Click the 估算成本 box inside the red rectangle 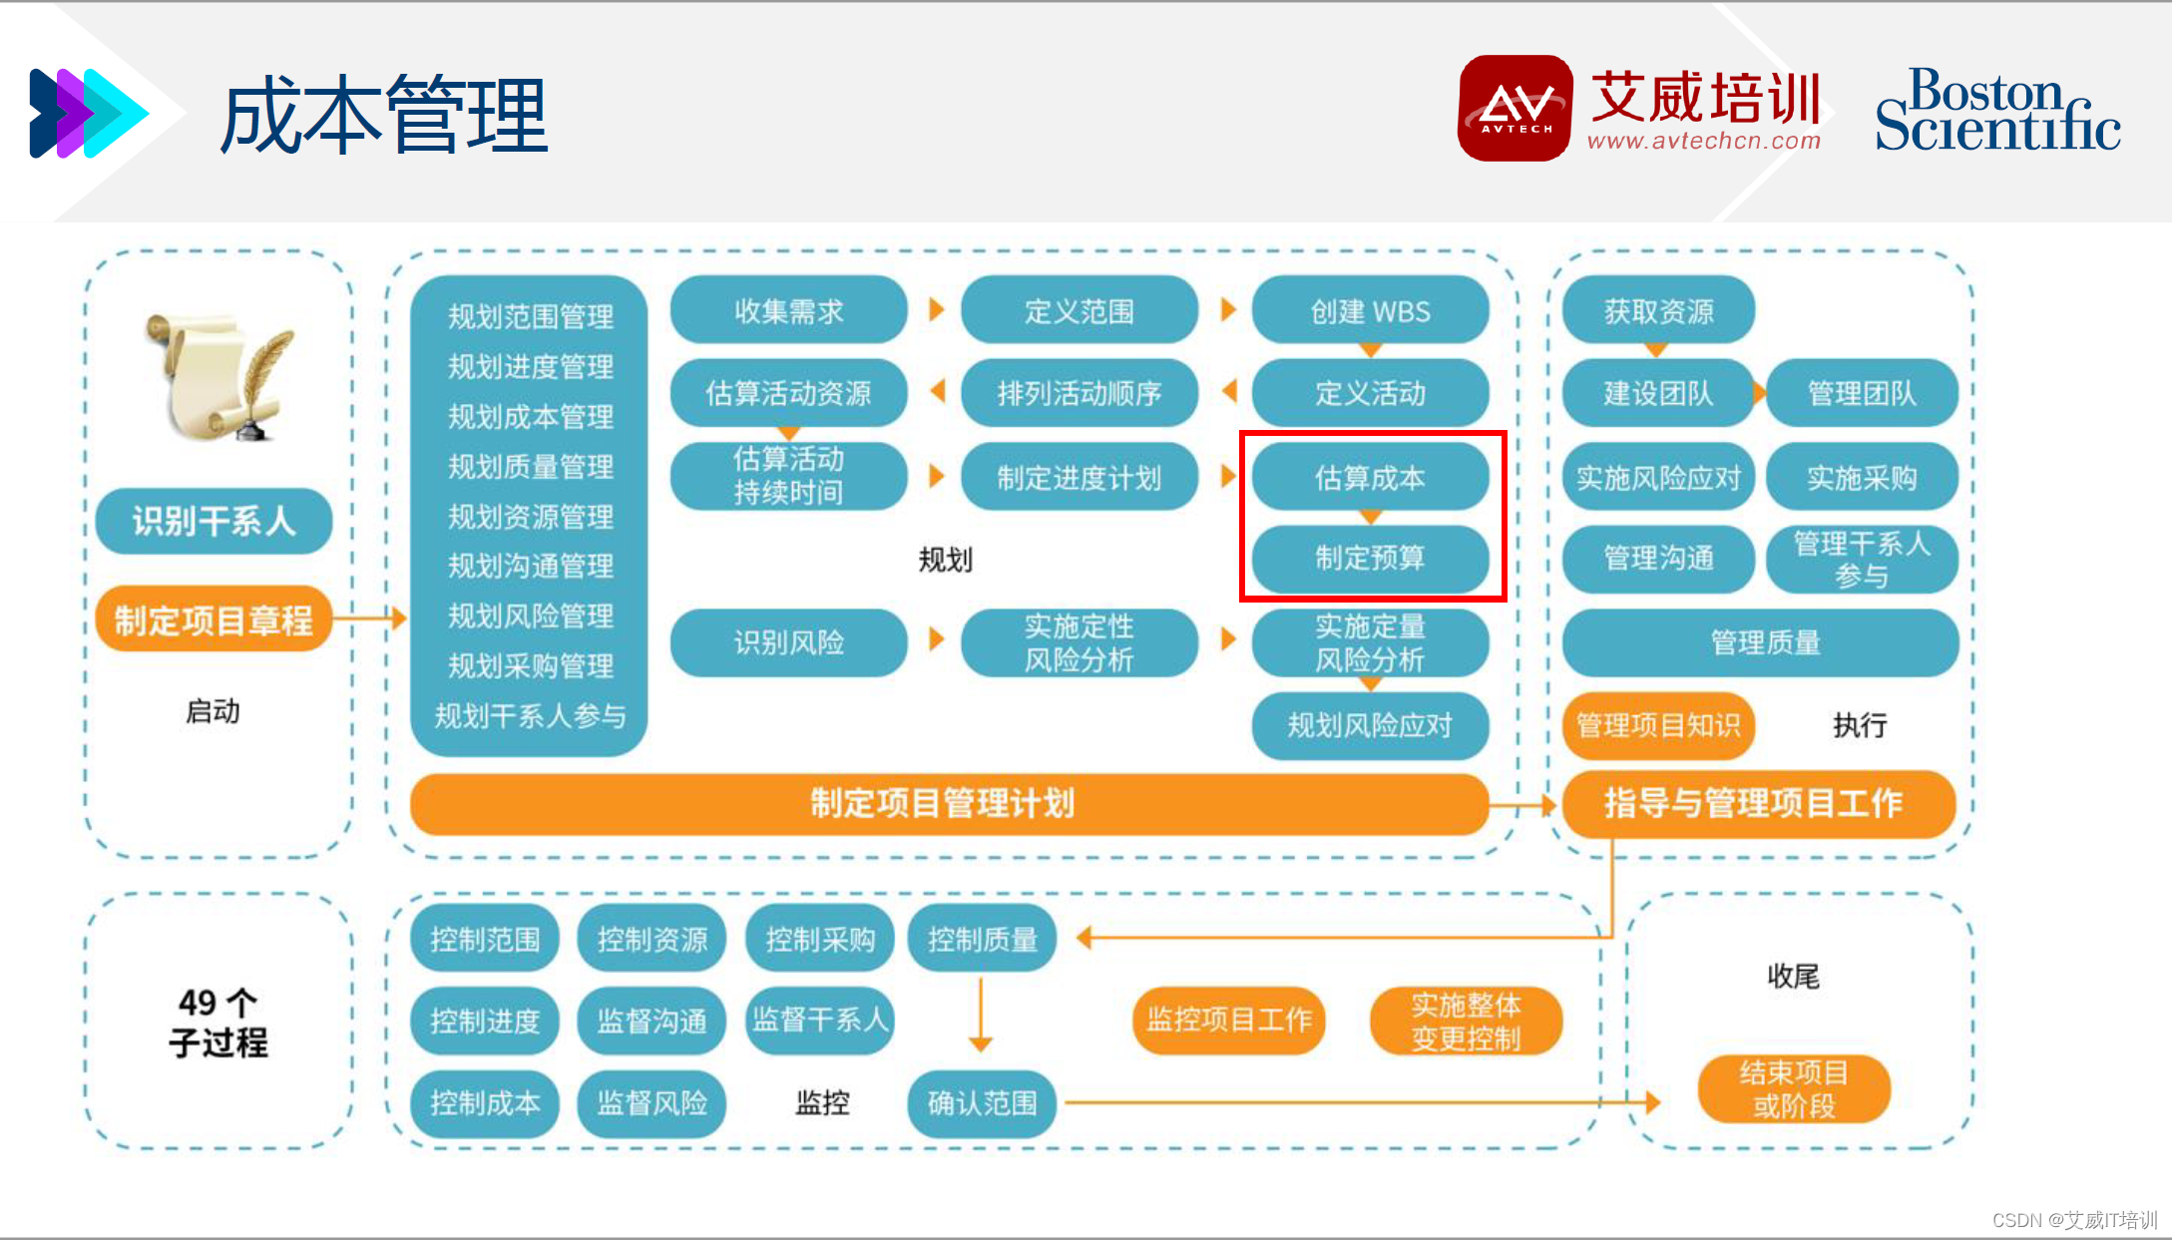tap(1369, 477)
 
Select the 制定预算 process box tap(1369, 558)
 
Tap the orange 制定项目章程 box tap(214, 620)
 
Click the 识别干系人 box tap(214, 521)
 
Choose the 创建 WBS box tap(1369, 311)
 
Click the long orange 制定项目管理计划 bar tap(943, 803)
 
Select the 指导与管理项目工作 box tap(1757, 803)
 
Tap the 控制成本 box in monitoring tap(485, 1102)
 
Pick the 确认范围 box tap(982, 1102)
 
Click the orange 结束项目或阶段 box tap(1793, 1088)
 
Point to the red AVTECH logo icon tap(1515, 108)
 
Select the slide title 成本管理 tap(384, 115)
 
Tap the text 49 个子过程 tap(217, 1023)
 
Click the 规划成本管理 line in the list tap(530, 417)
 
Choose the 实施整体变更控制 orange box tap(1465, 1021)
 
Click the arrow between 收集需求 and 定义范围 tap(936, 309)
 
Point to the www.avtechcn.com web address tap(1703, 142)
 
